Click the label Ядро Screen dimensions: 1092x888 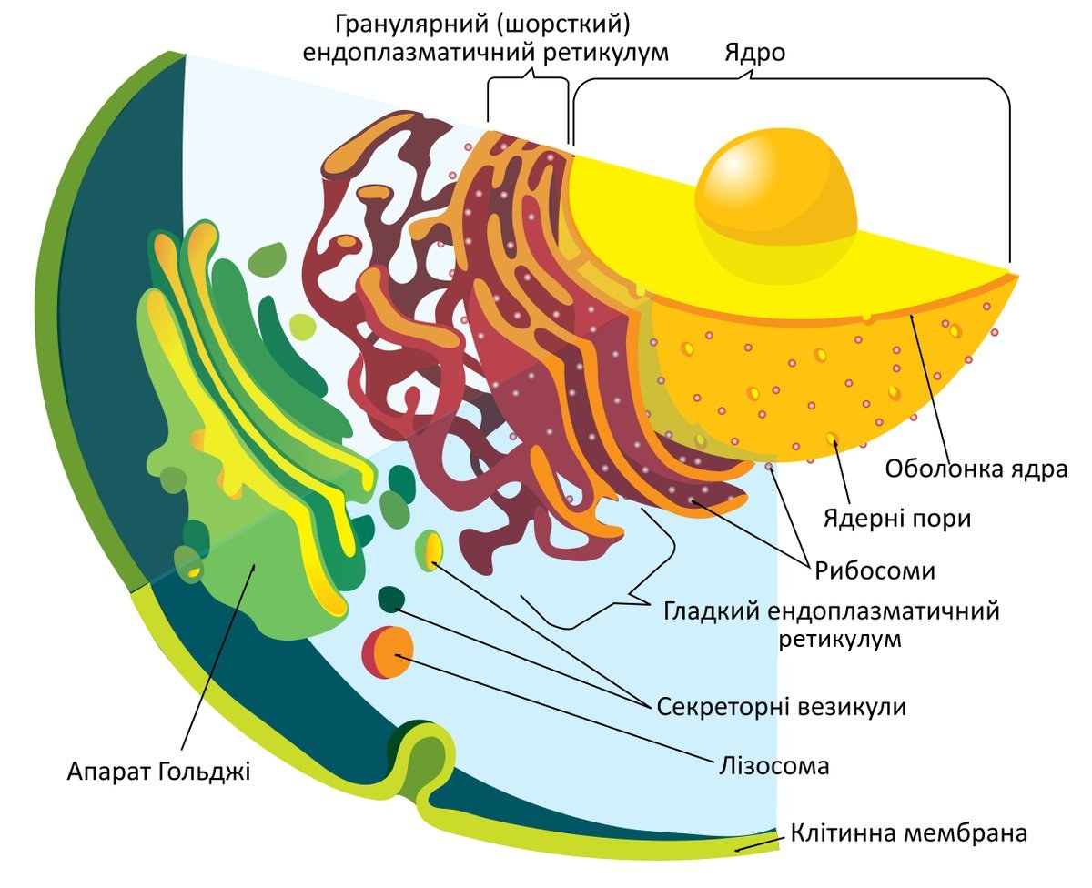coord(754,53)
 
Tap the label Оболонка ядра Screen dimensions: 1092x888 coord(976,469)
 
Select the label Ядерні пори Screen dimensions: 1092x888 coord(897,519)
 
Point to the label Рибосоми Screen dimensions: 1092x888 coord(875,570)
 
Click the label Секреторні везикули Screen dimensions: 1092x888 coord(782,707)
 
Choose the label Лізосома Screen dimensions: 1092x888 coord(774,767)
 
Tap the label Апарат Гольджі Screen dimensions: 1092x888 coord(159,772)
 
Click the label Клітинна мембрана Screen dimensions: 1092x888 coord(909,832)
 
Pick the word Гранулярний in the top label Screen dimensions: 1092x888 coord(411,24)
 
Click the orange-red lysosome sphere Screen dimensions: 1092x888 coord(388,652)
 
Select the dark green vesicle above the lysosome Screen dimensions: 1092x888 coord(391,599)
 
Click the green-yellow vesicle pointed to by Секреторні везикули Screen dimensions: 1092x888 coord(430,550)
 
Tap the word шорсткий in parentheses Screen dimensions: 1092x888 coord(563,24)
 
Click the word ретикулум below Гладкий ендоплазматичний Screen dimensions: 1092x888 coord(840,640)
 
